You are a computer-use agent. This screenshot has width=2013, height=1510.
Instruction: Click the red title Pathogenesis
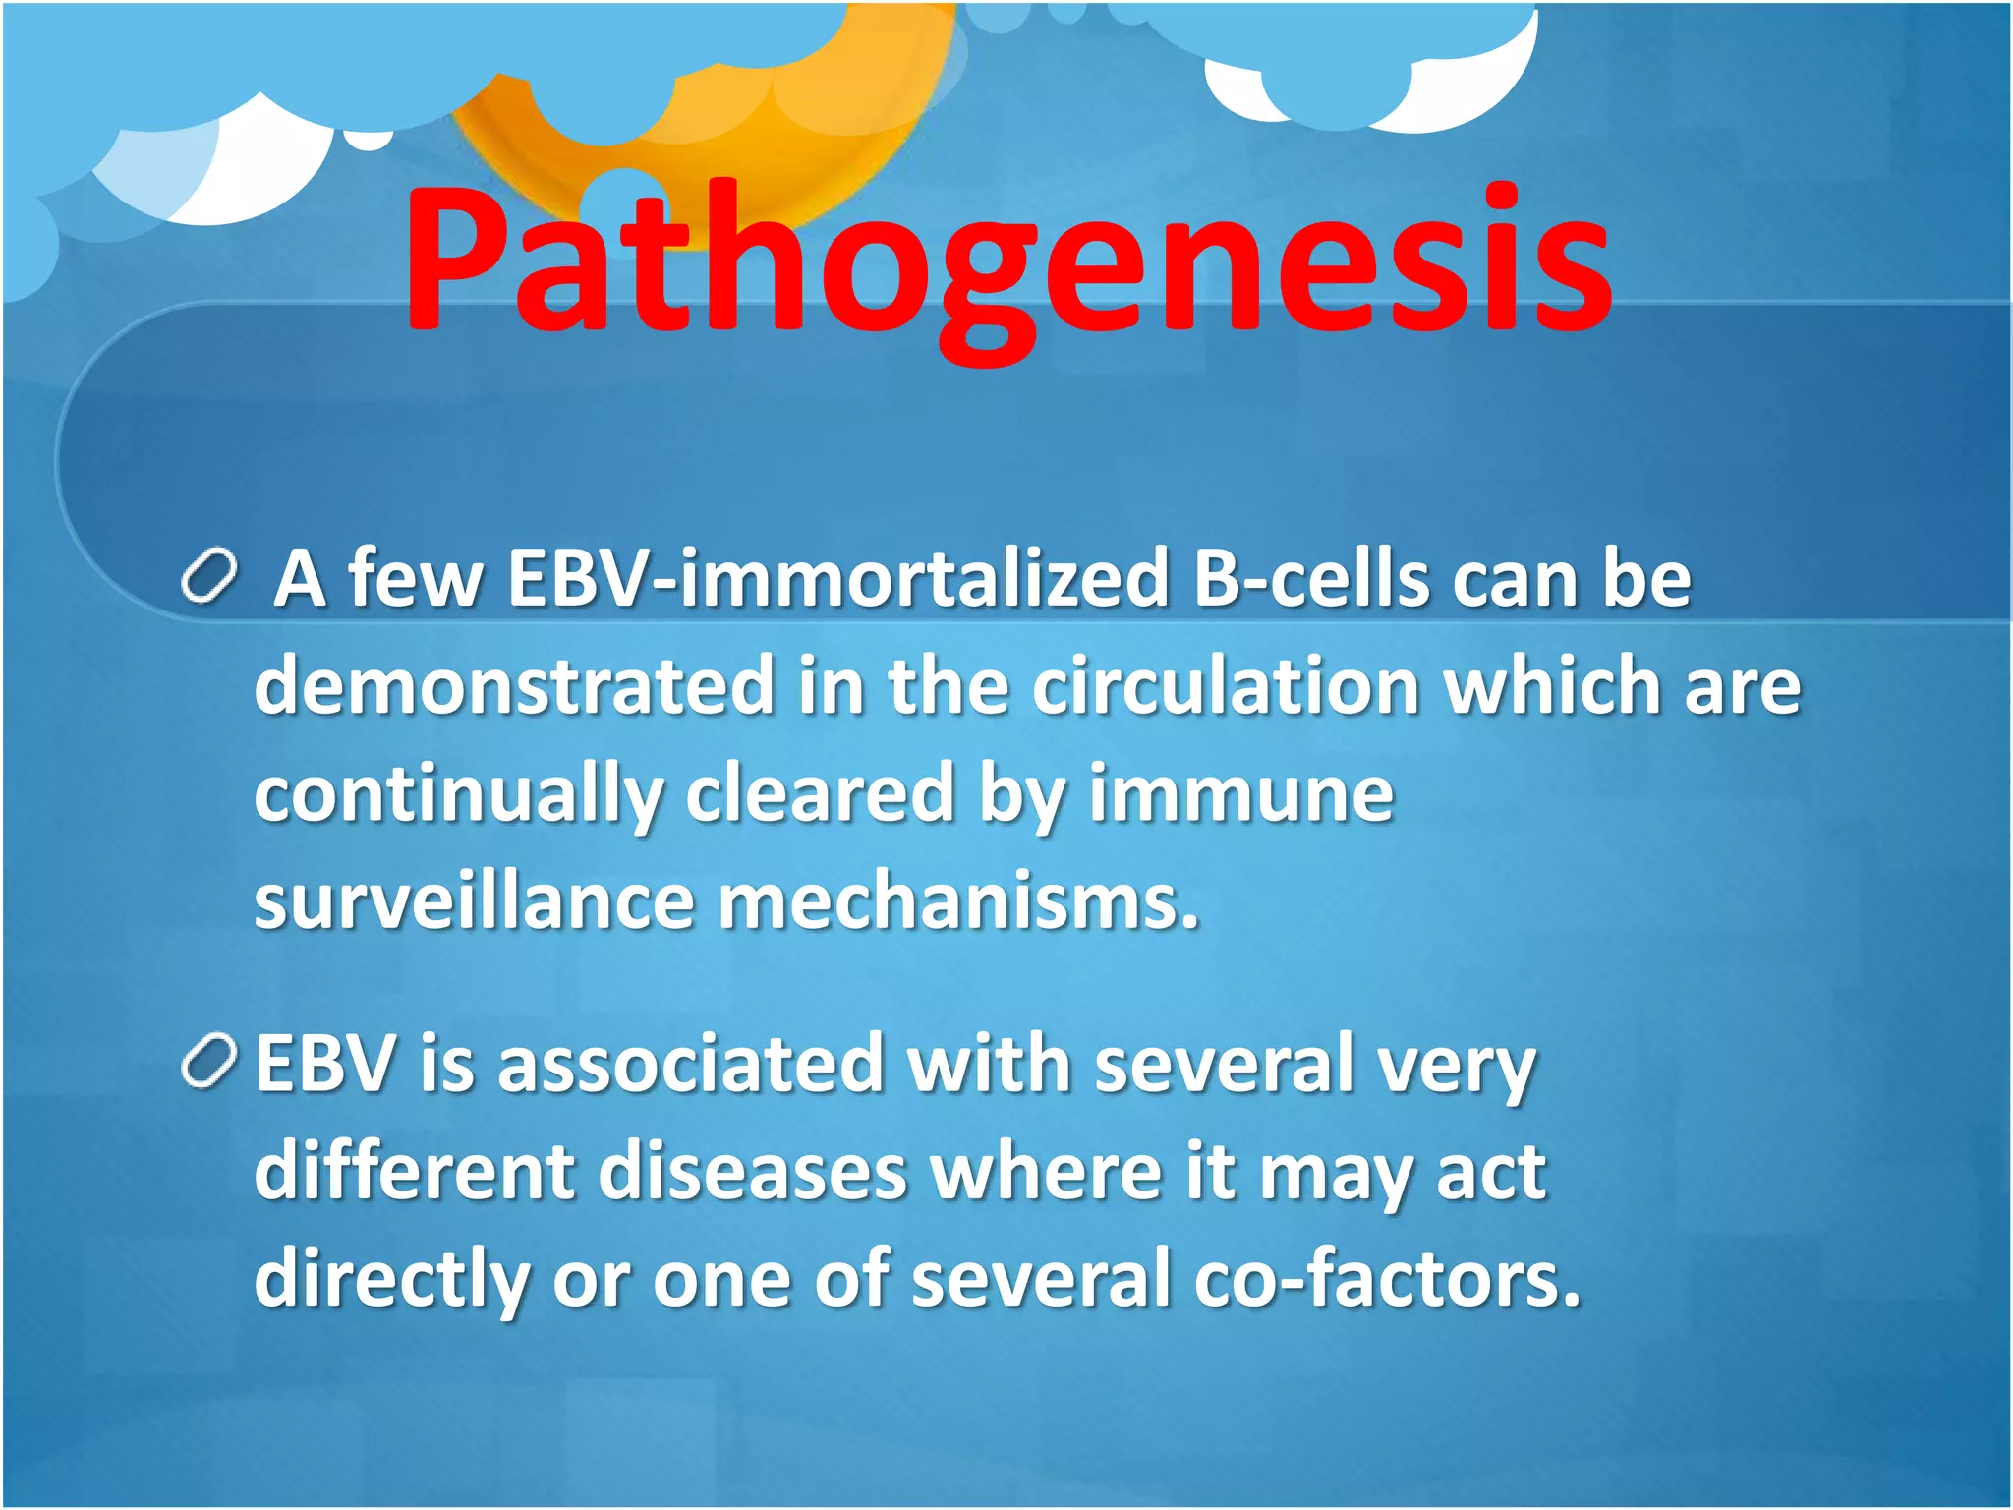1006,261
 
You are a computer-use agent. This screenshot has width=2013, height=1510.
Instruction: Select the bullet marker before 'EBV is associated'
209,1062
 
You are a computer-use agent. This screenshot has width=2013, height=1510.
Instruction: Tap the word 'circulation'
1225,686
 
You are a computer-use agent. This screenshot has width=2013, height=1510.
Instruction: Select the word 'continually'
458,794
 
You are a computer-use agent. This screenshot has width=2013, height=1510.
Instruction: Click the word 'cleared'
820,794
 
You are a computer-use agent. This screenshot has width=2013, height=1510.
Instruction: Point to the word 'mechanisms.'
959,901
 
